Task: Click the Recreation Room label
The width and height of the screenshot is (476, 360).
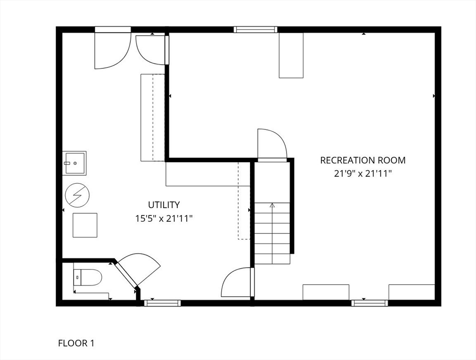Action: click(x=363, y=160)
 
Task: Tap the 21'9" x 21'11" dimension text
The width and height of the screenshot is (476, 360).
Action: click(x=363, y=173)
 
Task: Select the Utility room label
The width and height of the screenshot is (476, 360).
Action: click(x=164, y=205)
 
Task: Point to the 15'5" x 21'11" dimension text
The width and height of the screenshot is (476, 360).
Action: click(x=164, y=218)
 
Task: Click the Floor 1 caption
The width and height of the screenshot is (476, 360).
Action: click(x=76, y=343)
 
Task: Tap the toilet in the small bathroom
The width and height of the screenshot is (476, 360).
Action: click(x=89, y=277)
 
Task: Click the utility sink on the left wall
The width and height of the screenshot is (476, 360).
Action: click(x=75, y=163)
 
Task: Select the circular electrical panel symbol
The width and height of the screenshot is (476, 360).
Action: click(x=77, y=195)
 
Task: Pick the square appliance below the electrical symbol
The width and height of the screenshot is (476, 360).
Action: click(x=85, y=225)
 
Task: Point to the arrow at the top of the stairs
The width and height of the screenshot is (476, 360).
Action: click(x=272, y=205)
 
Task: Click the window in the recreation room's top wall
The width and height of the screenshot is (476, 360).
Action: click(x=256, y=30)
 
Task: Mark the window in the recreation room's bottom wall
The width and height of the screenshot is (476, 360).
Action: click(x=370, y=303)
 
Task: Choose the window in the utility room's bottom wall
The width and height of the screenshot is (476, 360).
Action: click(x=162, y=303)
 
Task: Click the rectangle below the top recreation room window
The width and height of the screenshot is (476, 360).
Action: click(x=291, y=55)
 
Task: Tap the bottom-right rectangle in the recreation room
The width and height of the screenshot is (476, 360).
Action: click(x=411, y=292)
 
